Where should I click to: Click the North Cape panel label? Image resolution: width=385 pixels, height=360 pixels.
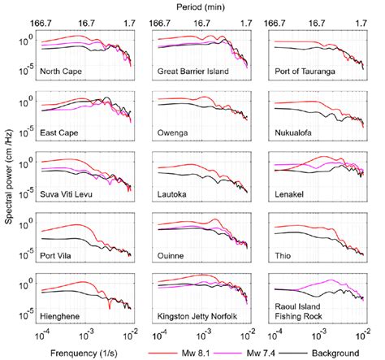coord(62,71)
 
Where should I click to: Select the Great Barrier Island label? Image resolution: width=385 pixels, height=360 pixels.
coord(193,71)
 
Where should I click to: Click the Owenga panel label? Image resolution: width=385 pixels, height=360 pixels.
coord(173,131)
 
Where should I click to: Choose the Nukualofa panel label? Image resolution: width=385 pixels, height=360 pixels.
coord(296,131)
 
